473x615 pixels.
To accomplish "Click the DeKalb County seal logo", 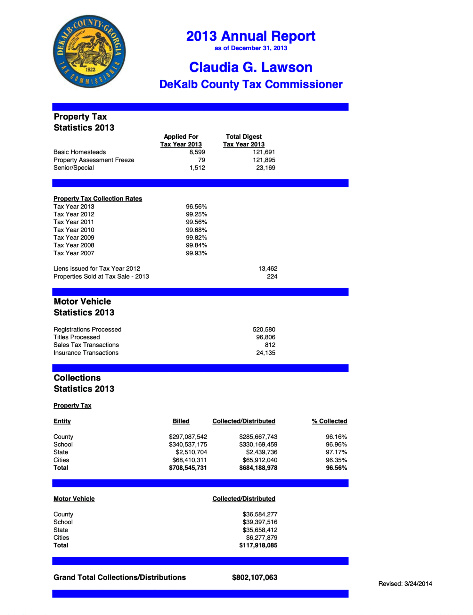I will click(89, 51).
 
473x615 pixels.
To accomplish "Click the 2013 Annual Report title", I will click(250, 36).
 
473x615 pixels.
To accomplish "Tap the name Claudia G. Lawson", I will click(250, 67).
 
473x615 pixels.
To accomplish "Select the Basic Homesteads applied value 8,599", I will click(197, 152).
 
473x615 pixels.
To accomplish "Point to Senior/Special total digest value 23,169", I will click(265, 168).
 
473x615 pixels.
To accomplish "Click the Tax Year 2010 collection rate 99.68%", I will click(196, 230).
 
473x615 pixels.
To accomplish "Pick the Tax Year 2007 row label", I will click(74, 253).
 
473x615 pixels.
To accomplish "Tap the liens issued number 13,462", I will click(268, 268).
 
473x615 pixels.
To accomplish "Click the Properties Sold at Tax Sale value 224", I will click(272, 276).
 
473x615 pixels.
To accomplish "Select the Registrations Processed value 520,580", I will click(264, 329).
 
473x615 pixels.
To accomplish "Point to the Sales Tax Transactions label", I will click(86, 345).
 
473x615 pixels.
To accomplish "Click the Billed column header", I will click(181, 421).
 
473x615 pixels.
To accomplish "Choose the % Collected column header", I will click(330, 421).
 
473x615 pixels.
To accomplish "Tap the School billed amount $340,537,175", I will click(188, 444).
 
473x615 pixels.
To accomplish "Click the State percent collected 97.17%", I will click(336, 452).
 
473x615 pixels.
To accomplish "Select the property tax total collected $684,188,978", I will click(258, 468).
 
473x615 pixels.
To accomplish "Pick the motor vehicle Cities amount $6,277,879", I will click(262, 537).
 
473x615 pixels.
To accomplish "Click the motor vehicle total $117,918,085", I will click(258, 545).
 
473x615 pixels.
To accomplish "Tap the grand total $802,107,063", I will click(255, 577).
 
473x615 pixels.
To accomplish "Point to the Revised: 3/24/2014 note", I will click(405, 584).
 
